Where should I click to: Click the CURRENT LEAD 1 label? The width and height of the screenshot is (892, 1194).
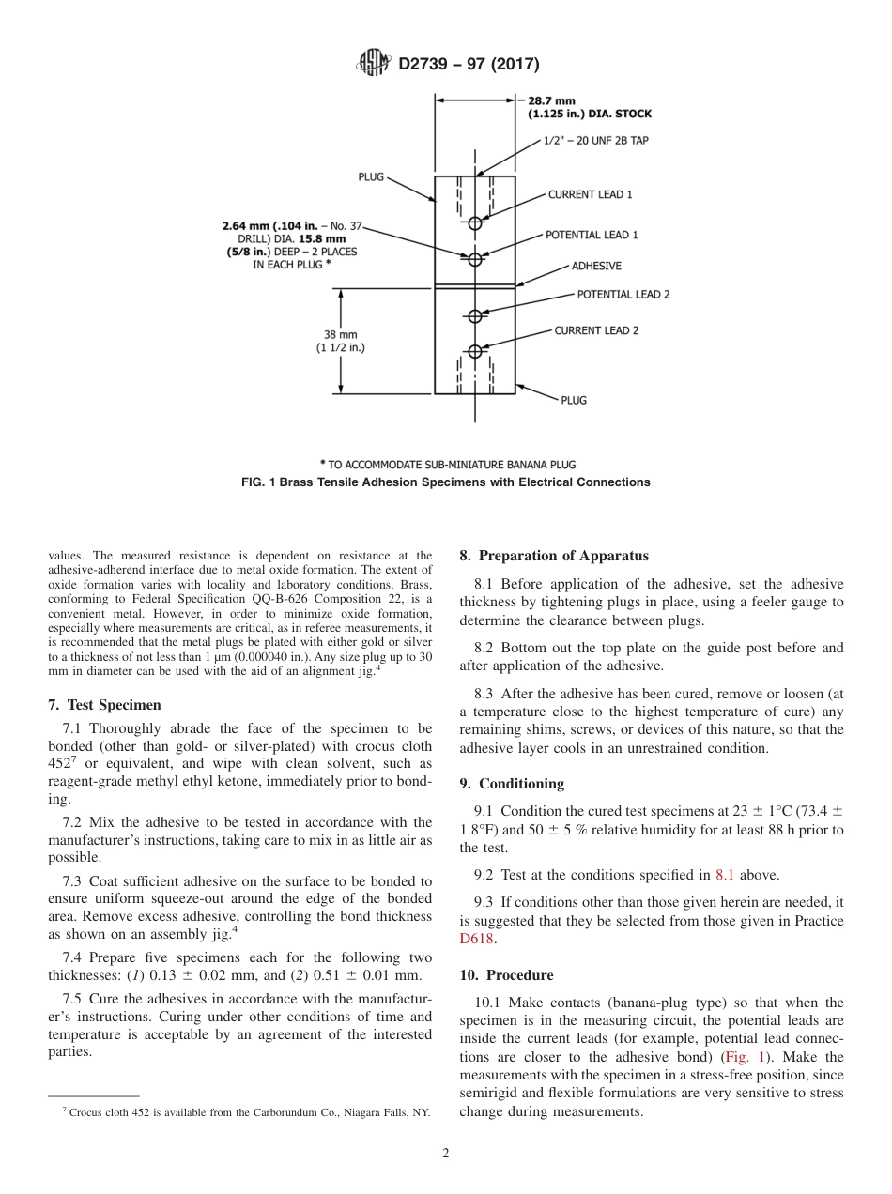pyautogui.click(x=590, y=194)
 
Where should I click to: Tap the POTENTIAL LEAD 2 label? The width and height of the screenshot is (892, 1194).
pyautogui.click(x=623, y=294)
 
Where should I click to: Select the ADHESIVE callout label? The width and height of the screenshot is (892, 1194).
pyautogui.click(x=596, y=266)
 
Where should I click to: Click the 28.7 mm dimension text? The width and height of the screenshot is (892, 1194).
pyautogui.click(x=551, y=99)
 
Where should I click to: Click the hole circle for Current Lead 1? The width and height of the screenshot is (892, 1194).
pyautogui.click(x=475, y=222)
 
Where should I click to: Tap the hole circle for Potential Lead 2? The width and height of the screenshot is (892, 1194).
pyautogui.click(x=475, y=314)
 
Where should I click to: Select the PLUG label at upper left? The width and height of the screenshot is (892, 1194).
pyautogui.click(x=371, y=176)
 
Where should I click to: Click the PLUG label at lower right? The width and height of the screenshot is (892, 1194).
pyautogui.click(x=573, y=400)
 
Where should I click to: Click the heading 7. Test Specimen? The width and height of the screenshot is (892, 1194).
pyautogui.click(x=104, y=704)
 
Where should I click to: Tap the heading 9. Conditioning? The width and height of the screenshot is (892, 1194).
pyautogui.click(x=512, y=783)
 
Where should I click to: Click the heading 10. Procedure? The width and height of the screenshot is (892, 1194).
pyautogui.click(x=506, y=974)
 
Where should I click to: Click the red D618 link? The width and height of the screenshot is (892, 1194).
pyautogui.click(x=476, y=938)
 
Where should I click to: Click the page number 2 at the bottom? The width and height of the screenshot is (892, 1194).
pyautogui.click(x=446, y=1154)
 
